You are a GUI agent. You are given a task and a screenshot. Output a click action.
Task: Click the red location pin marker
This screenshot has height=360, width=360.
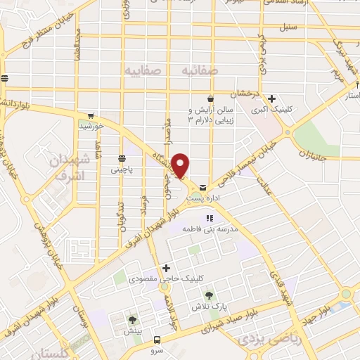pos(181,165)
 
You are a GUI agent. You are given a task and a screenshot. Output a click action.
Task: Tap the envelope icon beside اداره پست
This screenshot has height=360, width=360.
pos(203,188)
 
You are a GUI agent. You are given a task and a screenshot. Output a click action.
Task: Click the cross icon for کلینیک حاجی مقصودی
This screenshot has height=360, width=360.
pos(166,267)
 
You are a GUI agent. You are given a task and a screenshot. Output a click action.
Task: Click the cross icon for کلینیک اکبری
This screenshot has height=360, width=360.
pos(271,99)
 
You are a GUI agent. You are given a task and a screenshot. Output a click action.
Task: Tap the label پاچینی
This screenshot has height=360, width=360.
pos(120,170)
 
